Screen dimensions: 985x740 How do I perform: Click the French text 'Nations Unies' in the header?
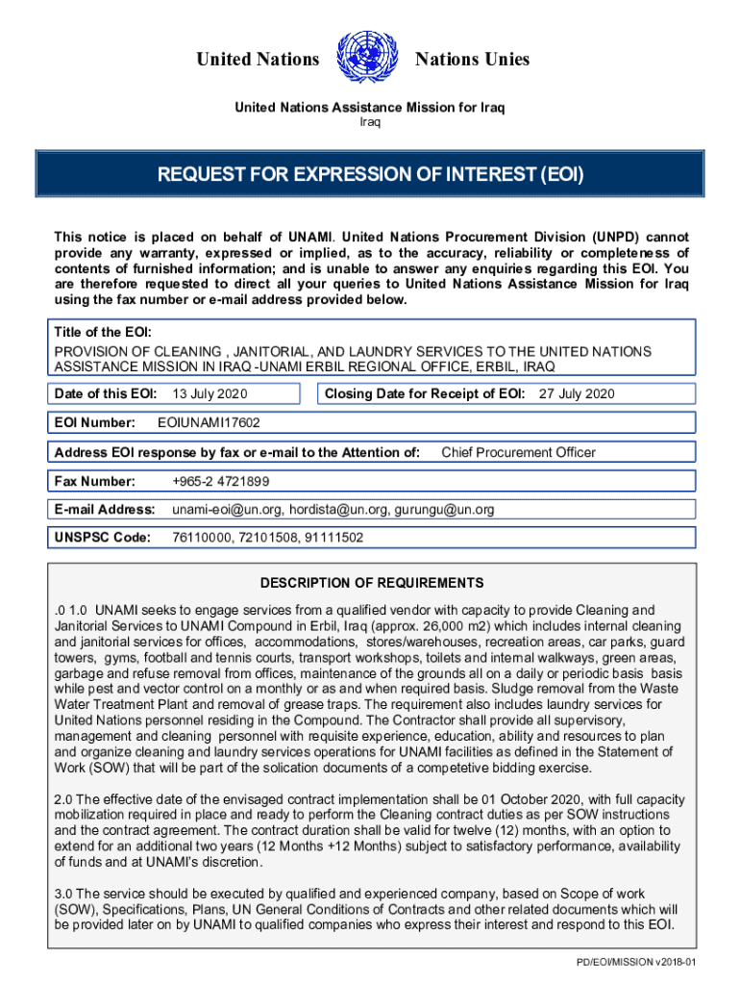pyautogui.click(x=472, y=60)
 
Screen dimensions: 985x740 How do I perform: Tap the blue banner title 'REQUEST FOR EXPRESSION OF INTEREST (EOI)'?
pyautogui.click(x=371, y=175)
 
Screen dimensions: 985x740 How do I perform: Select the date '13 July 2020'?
pyautogui.click(x=210, y=393)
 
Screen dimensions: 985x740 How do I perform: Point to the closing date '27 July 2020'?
pyautogui.click(x=577, y=393)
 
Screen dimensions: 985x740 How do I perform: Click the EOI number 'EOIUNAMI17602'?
pyautogui.click(x=209, y=422)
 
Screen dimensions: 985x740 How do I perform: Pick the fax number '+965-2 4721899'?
pyautogui.click(x=220, y=481)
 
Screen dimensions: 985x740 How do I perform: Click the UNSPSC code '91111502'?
pyautogui.click(x=334, y=539)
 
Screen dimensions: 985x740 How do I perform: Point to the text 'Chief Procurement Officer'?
pyautogui.click(x=518, y=452)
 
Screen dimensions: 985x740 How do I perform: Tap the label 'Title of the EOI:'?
pyautogui.click(x=103, y=333)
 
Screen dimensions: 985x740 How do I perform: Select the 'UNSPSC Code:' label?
pyautogui.click(x=103, y=539)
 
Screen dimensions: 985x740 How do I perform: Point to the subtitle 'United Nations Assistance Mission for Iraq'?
pyautogui.click(x=370, y=107)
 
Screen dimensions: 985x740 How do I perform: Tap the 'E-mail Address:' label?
pyautogui.click(x=105, y=510)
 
